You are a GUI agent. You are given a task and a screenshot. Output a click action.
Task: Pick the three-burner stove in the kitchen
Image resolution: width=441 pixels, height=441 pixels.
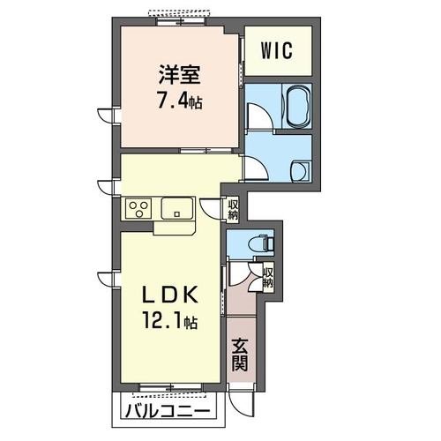(x=138, y=209)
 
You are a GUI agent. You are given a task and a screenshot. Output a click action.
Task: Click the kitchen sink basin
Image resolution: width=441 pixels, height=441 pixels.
(x=176, y=210)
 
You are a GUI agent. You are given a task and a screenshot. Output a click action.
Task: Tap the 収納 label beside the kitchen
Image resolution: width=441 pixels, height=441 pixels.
(x=234, y=209)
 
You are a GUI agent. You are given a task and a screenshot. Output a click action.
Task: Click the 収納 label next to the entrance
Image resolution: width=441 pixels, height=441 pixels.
(x=267, y=279)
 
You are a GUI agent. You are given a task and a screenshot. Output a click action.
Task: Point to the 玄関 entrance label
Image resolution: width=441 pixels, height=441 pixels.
(x=240, y=354)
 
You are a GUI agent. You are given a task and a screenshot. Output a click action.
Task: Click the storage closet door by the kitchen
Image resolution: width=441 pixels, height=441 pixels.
(x=212, y=209)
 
